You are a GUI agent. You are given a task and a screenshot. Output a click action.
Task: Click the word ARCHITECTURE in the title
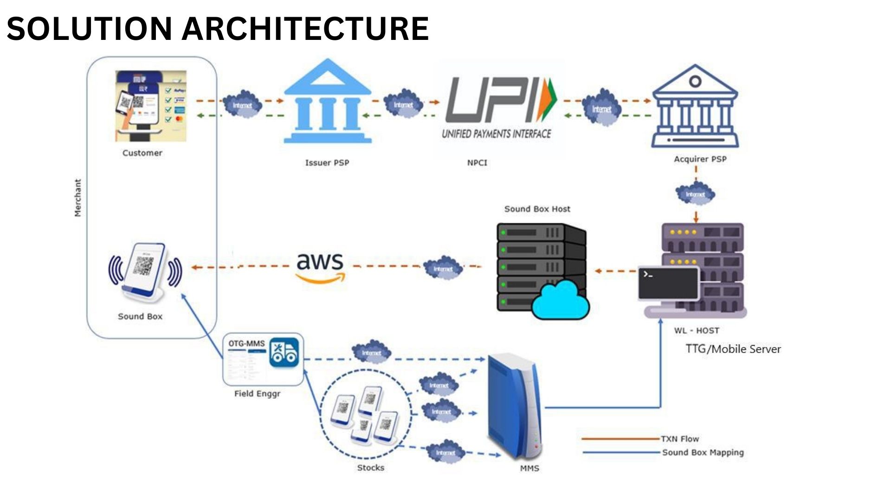[305, 28]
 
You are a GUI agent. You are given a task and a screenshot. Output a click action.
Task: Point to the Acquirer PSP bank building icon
[695, 107]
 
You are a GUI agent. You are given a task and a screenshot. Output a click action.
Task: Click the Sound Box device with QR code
[145, 271]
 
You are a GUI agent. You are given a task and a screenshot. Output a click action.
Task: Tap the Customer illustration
[151, 106]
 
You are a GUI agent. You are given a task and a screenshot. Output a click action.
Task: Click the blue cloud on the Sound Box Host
[560, 301]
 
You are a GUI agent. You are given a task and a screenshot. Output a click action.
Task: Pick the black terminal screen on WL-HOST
[668, 283]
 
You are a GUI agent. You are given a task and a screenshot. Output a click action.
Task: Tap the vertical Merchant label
[78, 198]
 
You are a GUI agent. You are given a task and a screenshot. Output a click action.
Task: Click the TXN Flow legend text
[680, 439]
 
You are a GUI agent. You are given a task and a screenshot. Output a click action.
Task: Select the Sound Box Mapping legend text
[703, 452]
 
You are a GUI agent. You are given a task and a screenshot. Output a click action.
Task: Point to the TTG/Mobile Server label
[733, 349]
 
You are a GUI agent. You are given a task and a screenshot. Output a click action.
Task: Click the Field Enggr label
[257, 394]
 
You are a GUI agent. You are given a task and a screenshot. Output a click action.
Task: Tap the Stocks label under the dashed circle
[370, 468]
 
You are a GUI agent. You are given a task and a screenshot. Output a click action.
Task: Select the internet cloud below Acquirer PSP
[695, 194]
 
